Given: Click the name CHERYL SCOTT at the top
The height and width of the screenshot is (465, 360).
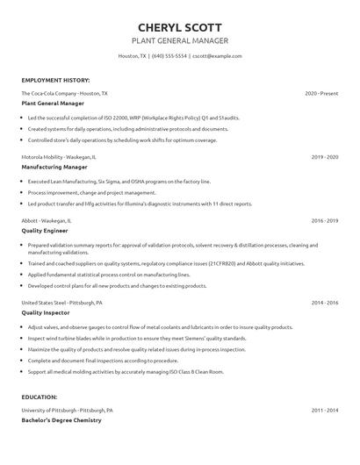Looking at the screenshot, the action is [x=179, y=27].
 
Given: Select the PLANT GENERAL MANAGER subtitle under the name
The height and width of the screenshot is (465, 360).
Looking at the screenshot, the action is [x=179, y=40].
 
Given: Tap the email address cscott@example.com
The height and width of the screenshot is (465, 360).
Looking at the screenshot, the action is [x=217, y=55].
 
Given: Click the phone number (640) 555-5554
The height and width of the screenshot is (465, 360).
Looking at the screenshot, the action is [x=169, y=55].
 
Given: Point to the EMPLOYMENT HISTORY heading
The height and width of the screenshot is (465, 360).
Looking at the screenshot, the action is [x=54, y=79].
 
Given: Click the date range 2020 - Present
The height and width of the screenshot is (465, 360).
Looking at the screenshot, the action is [x=321, y=92].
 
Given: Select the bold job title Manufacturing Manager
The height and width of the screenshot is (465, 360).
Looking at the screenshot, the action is [x=54, y=165].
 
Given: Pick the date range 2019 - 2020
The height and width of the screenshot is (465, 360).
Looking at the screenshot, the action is [x=325, y=156].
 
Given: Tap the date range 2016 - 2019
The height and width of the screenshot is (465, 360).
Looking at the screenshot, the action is [x=325, y=221].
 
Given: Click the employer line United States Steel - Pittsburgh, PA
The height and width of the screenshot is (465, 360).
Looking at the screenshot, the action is [x=62, y=302].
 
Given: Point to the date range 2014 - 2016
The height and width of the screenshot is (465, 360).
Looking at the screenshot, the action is [x=325, y=302].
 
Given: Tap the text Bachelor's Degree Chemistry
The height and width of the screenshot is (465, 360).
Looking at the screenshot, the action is [x=61, y=419].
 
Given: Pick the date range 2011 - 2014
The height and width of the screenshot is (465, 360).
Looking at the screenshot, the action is [x=325, y=410].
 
